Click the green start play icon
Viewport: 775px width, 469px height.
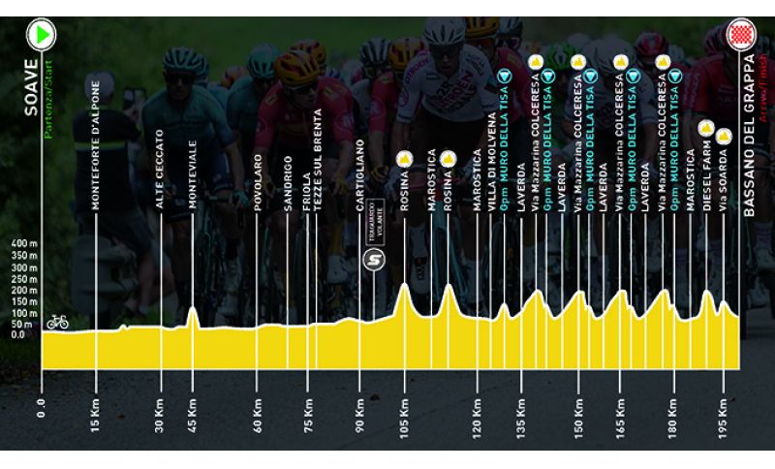43,37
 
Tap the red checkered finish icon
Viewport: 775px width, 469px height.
743,38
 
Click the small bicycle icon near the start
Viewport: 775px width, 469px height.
57,321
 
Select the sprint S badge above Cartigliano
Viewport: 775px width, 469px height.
373,260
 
